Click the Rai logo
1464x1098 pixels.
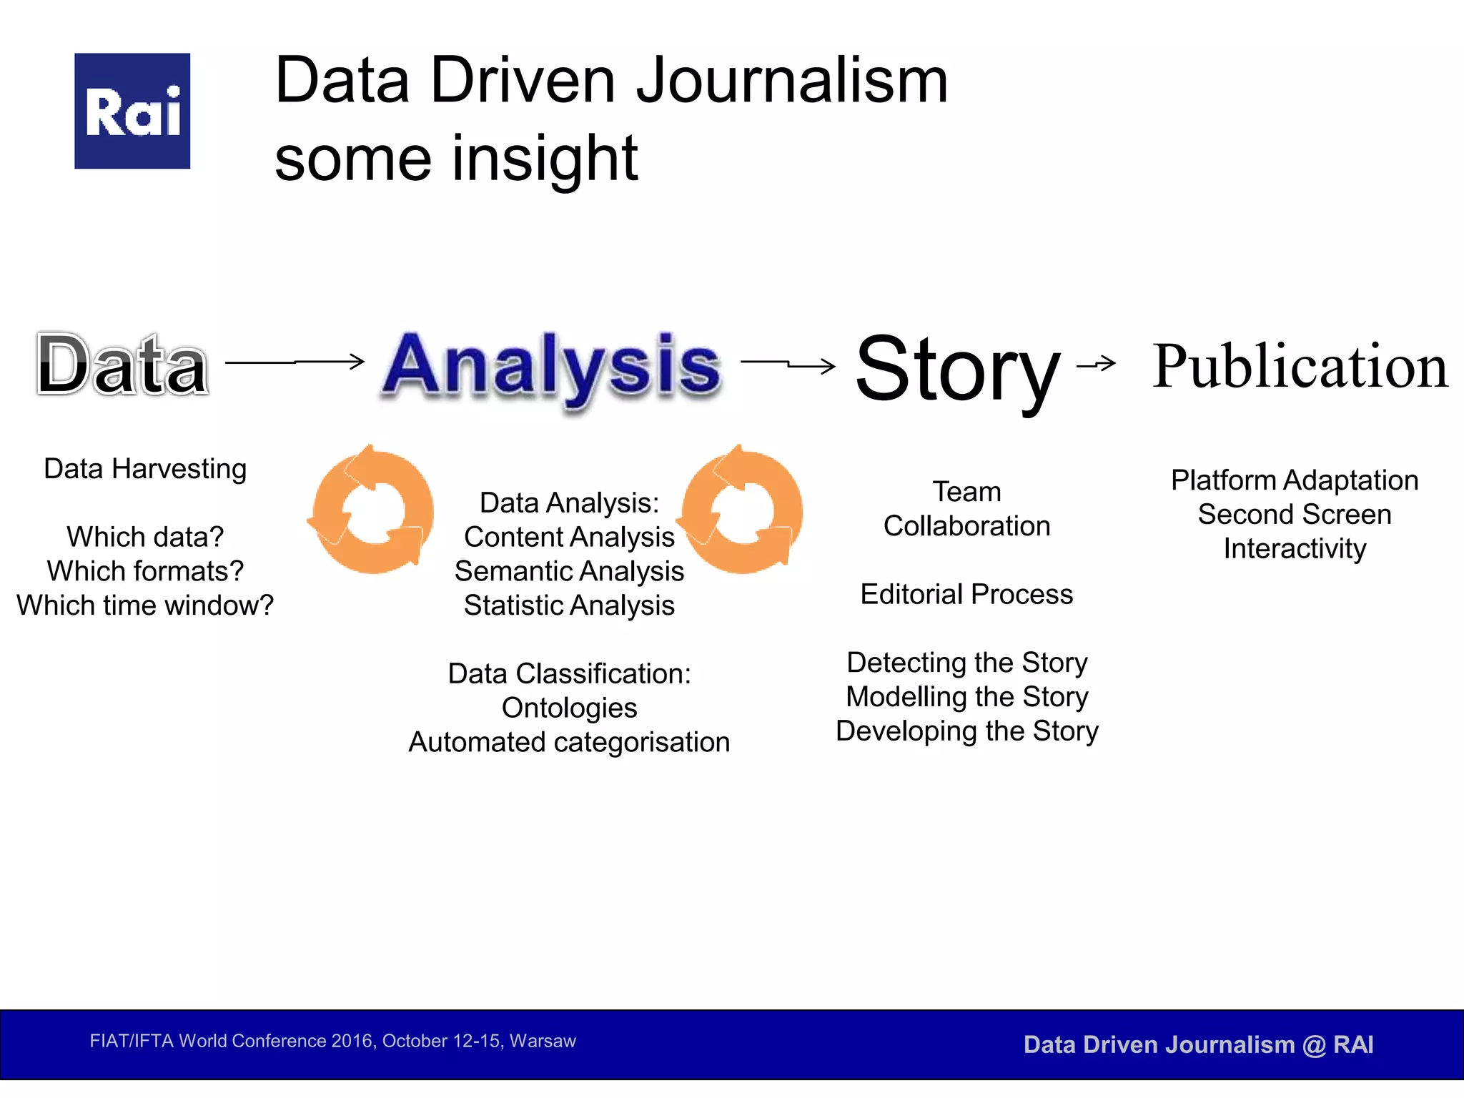pyautogui.click(x=132, y=111)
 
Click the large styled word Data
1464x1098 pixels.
pyautogui.click(x=122, y=365)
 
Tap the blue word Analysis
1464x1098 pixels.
pyautogui.click(x=551, y=365)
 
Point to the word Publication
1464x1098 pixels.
pyautogui.click(x=1300, y=366)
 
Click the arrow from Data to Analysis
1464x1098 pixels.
pyautogui.click(x=295, y=362)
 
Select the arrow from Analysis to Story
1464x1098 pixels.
pyautogui.click(x=788, y=365)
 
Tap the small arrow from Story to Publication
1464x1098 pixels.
pyautogui.click(x=1096, y=364)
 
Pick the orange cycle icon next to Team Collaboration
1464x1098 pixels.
pyautogui.click(x=741, y=510)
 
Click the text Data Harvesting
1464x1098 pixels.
pyautogui.click(x=145, y=469)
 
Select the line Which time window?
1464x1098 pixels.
pyautogui.click(x=145, y=605)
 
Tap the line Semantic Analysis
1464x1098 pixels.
pyautogui.click(x=569, y=571)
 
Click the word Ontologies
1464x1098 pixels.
pyautogui.click(x=569, y=708)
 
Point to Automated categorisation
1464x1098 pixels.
pyautogui.click(x=569, y=742)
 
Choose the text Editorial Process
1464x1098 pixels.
pyautogui.click(x=966, y=594)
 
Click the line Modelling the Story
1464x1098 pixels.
pyautogui.click(x=966, y=696)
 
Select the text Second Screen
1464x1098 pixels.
pyautogui.click(x=1295, y=514)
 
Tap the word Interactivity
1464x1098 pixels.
pyautogui.click(x=1295, y=548)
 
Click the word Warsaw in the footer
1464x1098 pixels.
pyautogui.click(x=543, y=1041)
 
